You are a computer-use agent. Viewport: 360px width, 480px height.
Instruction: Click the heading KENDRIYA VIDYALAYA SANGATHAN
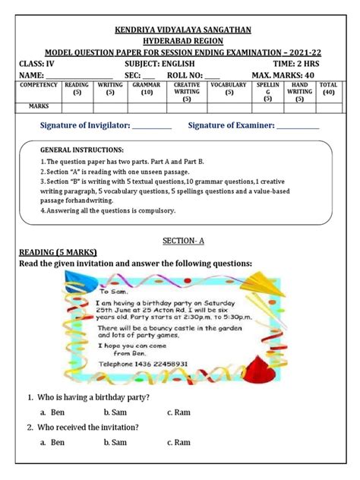pos(180,30)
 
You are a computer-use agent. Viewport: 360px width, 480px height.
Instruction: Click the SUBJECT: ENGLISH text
pos(172,63)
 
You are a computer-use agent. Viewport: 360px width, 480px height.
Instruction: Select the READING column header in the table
pos(77,88)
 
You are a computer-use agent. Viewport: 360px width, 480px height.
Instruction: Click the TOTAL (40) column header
pos(328,88)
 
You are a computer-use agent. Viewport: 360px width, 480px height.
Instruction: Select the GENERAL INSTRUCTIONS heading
pos(81,150)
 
